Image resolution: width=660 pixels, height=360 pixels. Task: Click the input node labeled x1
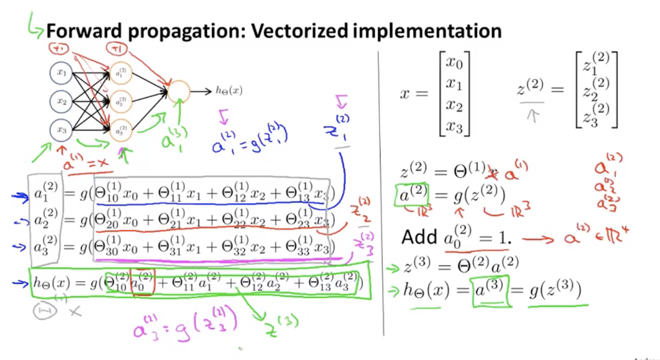click(61, 73)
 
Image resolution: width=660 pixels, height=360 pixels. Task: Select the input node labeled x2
click(61, 101)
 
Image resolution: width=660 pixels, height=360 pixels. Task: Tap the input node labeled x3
click(61, 130)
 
